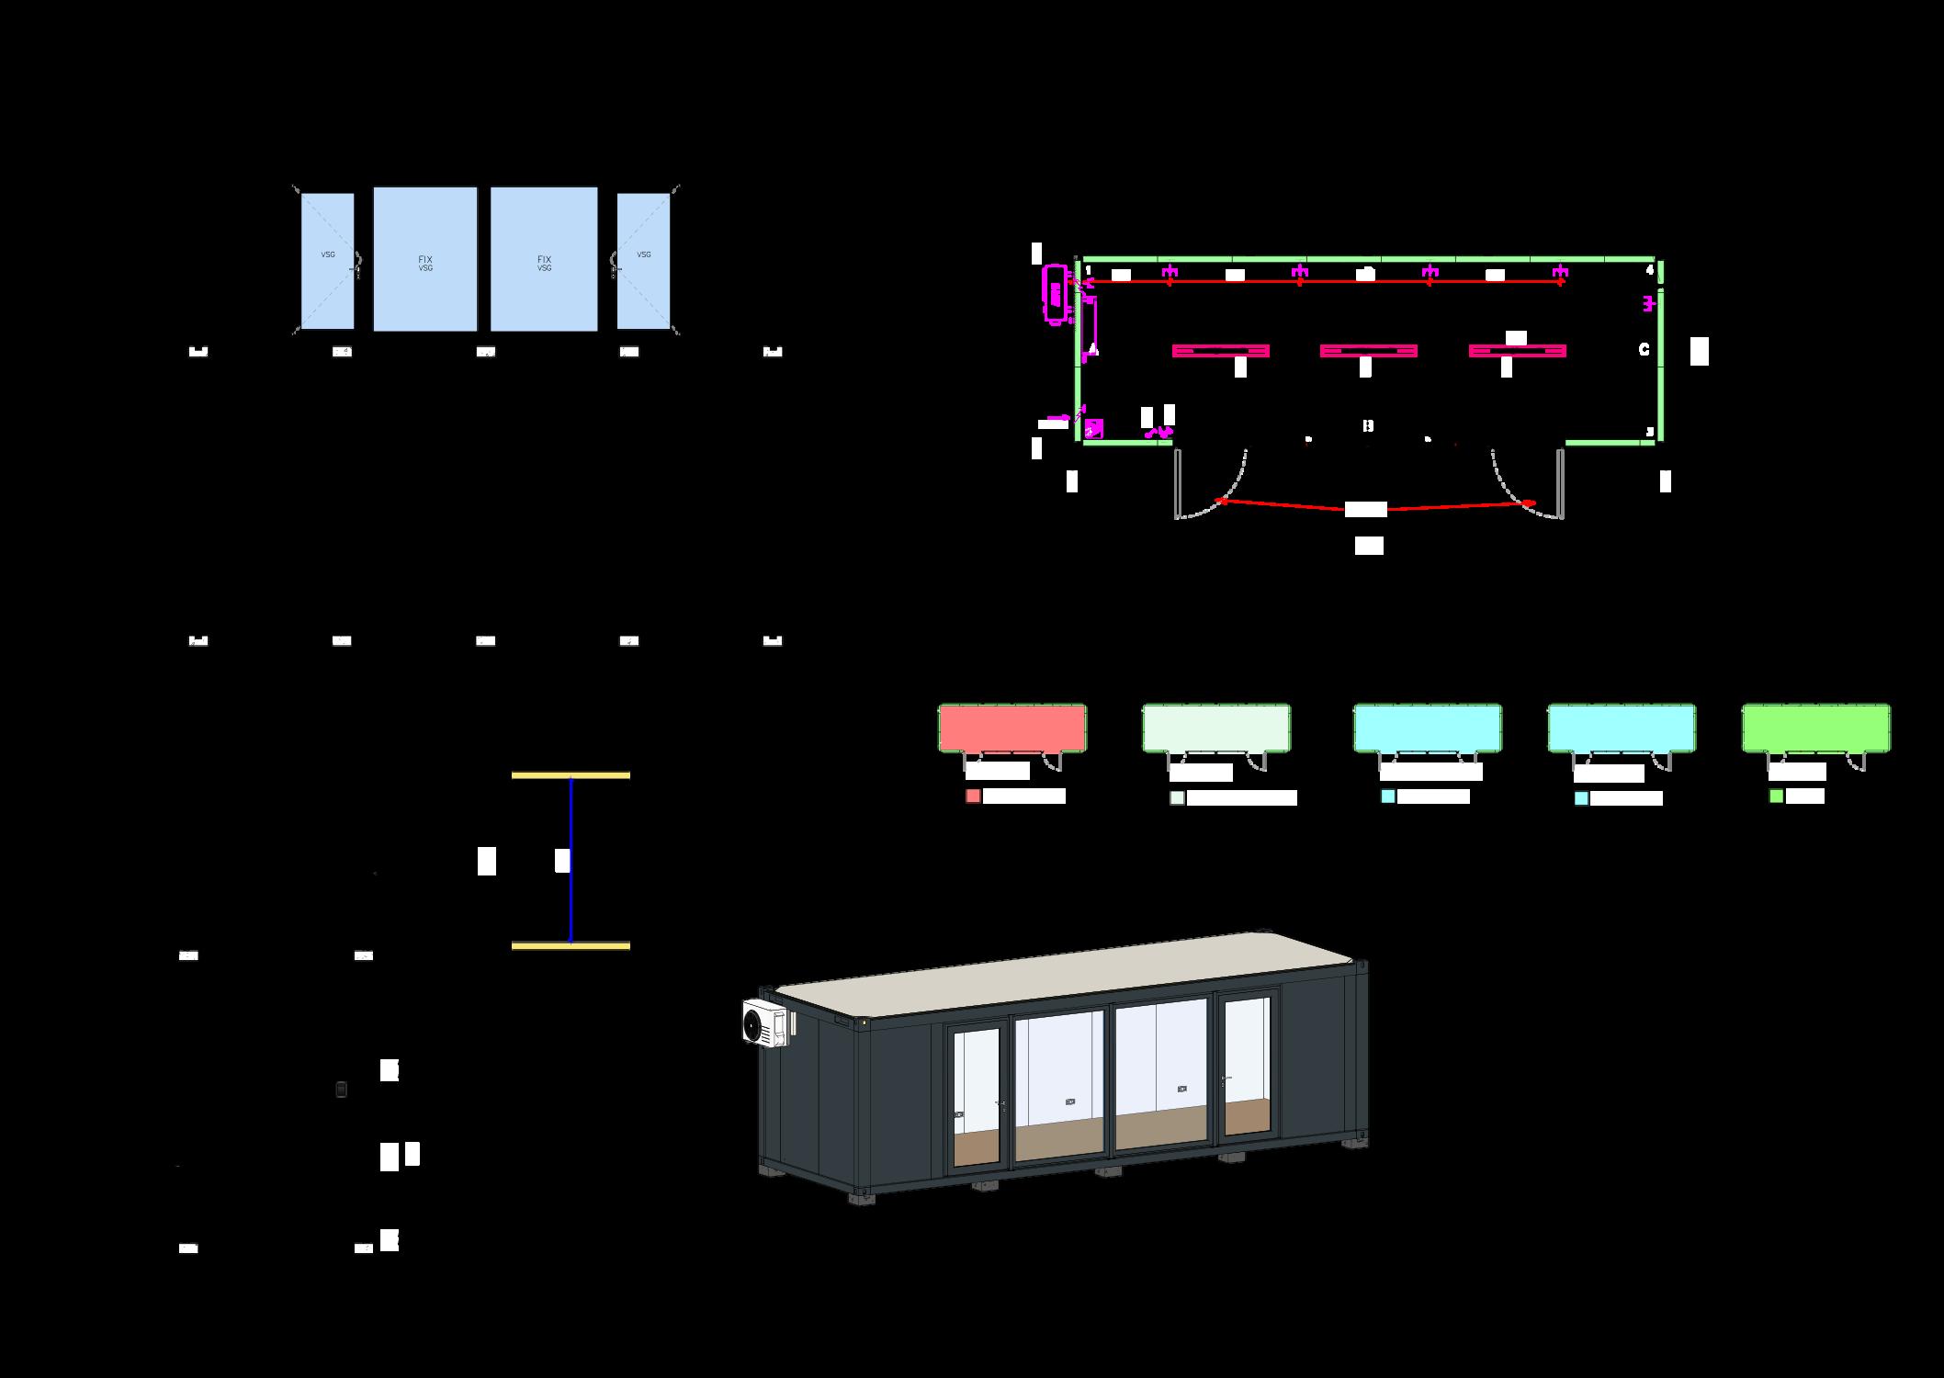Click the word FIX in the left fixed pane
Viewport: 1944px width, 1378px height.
pyautogui.click(x=424, y=259)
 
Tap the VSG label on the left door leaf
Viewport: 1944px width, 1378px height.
pyautogui.click(x=327, y=254)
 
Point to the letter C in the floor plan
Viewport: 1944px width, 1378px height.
pyautogui.click(x=1644, y=349)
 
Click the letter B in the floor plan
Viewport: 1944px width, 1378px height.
pyautogui.click(x=1368, y=425)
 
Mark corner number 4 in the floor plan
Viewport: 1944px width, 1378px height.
pyautogui.click(x=1649, y=270)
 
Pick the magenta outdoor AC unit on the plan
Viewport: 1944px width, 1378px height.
pyautogui.click(x=1055, y=294)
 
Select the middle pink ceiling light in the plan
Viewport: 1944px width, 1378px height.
pyautogui.click(x=1368, y=351)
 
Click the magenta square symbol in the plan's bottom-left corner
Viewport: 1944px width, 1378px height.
pyautogui.click(x=1093, y=429)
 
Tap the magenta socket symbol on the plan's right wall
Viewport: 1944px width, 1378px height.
pyautogui.click(x=1649, y=302)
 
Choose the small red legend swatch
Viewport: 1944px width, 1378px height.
pyautogui.click(x=973, y=796)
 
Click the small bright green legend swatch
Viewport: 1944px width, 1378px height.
pyautogui.click(x=1776, y=796)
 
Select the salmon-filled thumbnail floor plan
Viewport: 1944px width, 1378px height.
pyautogui.click(x=1012, y=729)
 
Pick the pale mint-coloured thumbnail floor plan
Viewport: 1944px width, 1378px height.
pyautogui.click(x=1215, y=729)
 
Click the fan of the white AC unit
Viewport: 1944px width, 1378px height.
pyautogui.click(x=759, y=1022)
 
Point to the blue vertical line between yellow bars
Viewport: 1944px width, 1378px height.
pyautogui.click(x=571, y=860)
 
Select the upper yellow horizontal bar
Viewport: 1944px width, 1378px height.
pyautogui.click(x=571, y=775)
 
